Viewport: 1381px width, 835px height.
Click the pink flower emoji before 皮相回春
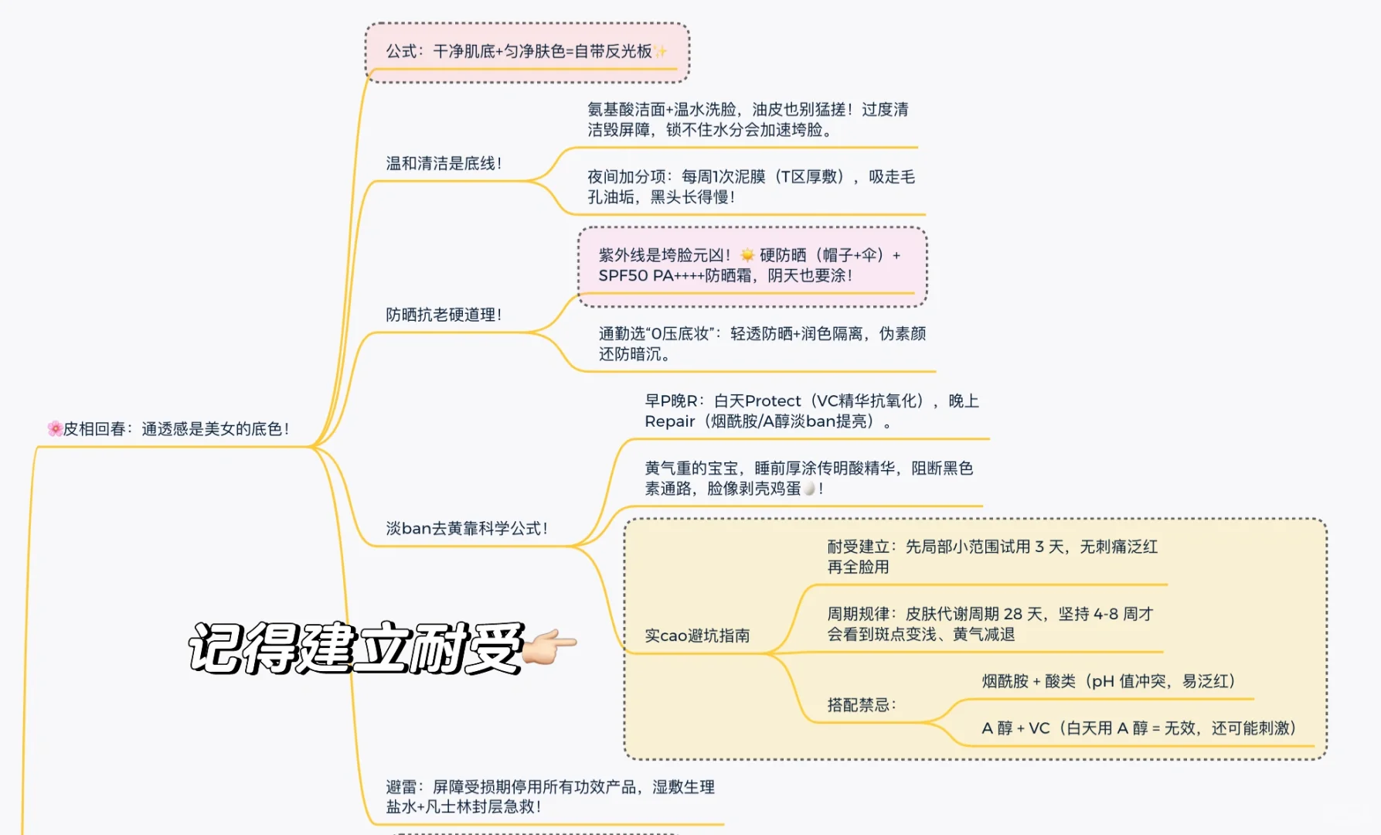tap(54, 428)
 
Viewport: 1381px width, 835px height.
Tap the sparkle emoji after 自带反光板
tap(660, 52)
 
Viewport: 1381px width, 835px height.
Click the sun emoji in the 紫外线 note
tap(747, 255)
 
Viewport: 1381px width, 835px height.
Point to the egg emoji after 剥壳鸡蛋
tap(809, 489)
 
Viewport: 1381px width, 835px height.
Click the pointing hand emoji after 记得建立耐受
tap(550, 646)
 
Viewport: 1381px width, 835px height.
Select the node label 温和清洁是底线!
tap(444, 163)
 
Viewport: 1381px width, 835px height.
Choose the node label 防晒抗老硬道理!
tap(444, 315)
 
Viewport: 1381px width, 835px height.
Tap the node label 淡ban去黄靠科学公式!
tap(467, 528)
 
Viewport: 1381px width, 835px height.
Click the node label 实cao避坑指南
tap(697, 636)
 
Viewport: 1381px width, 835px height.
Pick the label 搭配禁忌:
tap(861, 704)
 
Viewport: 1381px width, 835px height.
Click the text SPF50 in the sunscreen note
tap(623, 276)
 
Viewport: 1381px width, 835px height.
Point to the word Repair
tap(669, 421)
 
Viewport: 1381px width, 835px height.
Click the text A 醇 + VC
tap(1015, 728)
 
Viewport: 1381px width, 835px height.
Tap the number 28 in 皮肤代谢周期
tap(1012, 614)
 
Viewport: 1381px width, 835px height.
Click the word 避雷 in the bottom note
tap(401, 787)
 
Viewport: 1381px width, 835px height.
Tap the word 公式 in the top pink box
tap(401, 52)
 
